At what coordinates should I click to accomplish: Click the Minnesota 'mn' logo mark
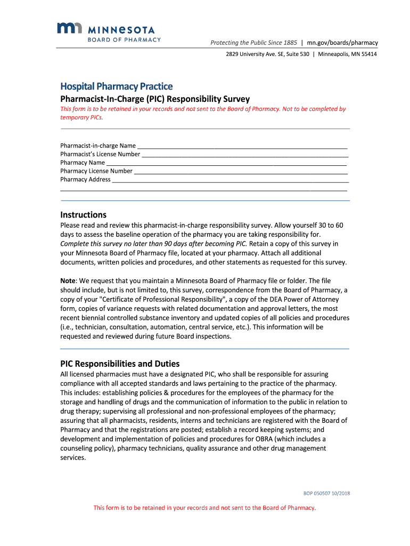(68, 30)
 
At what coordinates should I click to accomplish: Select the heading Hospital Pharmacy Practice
(116, 86)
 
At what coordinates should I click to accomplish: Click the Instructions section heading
(83, 215)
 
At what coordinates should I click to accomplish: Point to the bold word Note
(68, 280)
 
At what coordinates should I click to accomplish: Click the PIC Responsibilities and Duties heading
(120, 364)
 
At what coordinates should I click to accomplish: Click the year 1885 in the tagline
(290, 43)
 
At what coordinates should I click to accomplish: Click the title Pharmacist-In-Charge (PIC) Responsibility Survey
(155, 99)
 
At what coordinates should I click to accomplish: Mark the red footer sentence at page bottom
(205, 508)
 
